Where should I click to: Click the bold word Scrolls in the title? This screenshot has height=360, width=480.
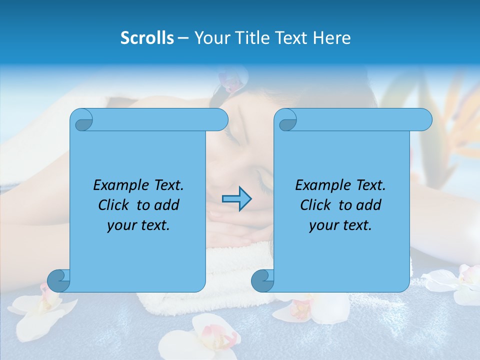point(147,38)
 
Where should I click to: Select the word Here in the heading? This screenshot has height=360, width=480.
point(331,38)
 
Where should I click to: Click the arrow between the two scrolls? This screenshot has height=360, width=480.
point(236,199)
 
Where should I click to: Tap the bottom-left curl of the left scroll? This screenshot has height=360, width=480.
point(58,280)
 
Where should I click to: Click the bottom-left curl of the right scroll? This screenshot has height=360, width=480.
point(262,280)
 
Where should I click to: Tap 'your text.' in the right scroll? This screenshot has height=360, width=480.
point(340,225)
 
